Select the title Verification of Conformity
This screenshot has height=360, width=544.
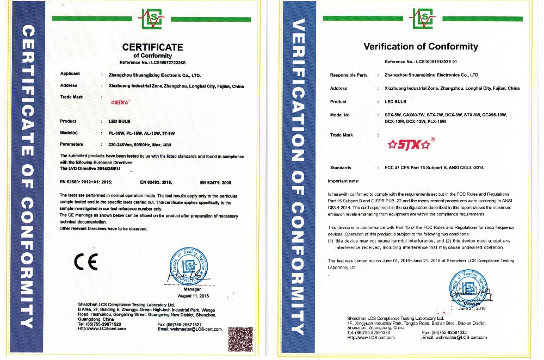[x=421, y=47]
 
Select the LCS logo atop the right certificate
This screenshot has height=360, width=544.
[x=421, y=18]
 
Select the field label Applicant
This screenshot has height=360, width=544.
[x=70, y=73]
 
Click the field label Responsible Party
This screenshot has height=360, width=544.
[x=349, y=75]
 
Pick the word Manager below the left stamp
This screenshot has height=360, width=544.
[x=178, y=290]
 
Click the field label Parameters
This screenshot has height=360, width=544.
[x=72, y=144]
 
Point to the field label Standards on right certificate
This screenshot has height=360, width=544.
[x=341, y=167]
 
